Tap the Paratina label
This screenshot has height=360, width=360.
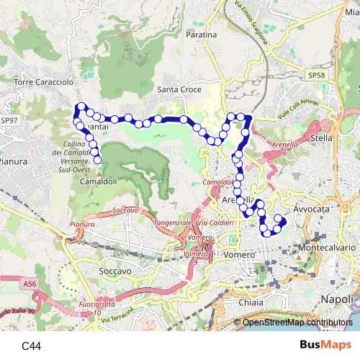201,35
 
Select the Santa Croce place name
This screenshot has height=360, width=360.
179,89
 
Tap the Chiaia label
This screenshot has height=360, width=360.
251,303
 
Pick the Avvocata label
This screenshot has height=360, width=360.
312,206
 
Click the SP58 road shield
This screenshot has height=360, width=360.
316,75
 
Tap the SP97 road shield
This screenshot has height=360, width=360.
9,120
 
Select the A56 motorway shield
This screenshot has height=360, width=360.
29,285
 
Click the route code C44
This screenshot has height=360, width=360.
31,346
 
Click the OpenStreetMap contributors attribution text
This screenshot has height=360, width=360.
298,322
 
